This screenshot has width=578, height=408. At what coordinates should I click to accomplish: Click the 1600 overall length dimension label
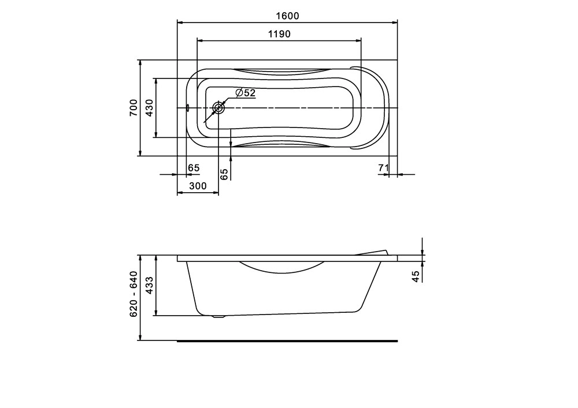pyautogui.click(x=287, y=16)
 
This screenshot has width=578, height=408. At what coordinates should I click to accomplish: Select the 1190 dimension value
pyautogui.click(x=279, y=34)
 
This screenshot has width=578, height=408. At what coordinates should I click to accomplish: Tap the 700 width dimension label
pyautogui.click(x=133, y=108)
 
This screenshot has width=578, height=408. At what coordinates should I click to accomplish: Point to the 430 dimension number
pyautogui.click(x=149, y=108)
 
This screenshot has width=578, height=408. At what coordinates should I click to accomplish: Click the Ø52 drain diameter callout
pyautogui.click(x=246, y=92)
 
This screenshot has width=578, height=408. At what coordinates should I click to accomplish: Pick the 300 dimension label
pyautogui.click(x=198, y=186)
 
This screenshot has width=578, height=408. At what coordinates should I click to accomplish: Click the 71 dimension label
pyautogui.click(x=381, y=168)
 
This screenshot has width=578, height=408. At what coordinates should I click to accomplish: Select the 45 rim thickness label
pyautogui.click(x=416, y=276)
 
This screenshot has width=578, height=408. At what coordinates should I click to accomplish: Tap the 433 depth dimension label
pyautogui.click(x=149, y=286)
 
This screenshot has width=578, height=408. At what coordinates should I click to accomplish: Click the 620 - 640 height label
pyautogui.click(x=133, y=294)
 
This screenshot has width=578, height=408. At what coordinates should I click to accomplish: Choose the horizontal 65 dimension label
pyautogui.click(x=194, y=168)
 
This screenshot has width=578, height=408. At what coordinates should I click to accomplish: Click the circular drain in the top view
pyautogui.click(x=219, y=108)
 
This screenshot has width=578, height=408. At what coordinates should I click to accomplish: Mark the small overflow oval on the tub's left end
pyautogui.click(x=188, y=107)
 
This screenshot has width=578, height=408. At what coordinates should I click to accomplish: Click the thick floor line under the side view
pyautogui.click(x=287, y=340)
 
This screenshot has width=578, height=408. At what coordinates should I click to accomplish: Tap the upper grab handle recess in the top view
pyautogui.click(x=280, y=71)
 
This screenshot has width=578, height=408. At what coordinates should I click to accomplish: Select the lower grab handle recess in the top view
pyautogui.click(x=280, y=143)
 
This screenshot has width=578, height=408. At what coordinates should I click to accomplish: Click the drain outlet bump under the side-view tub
pyautogui.click(x=218, y=316)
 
